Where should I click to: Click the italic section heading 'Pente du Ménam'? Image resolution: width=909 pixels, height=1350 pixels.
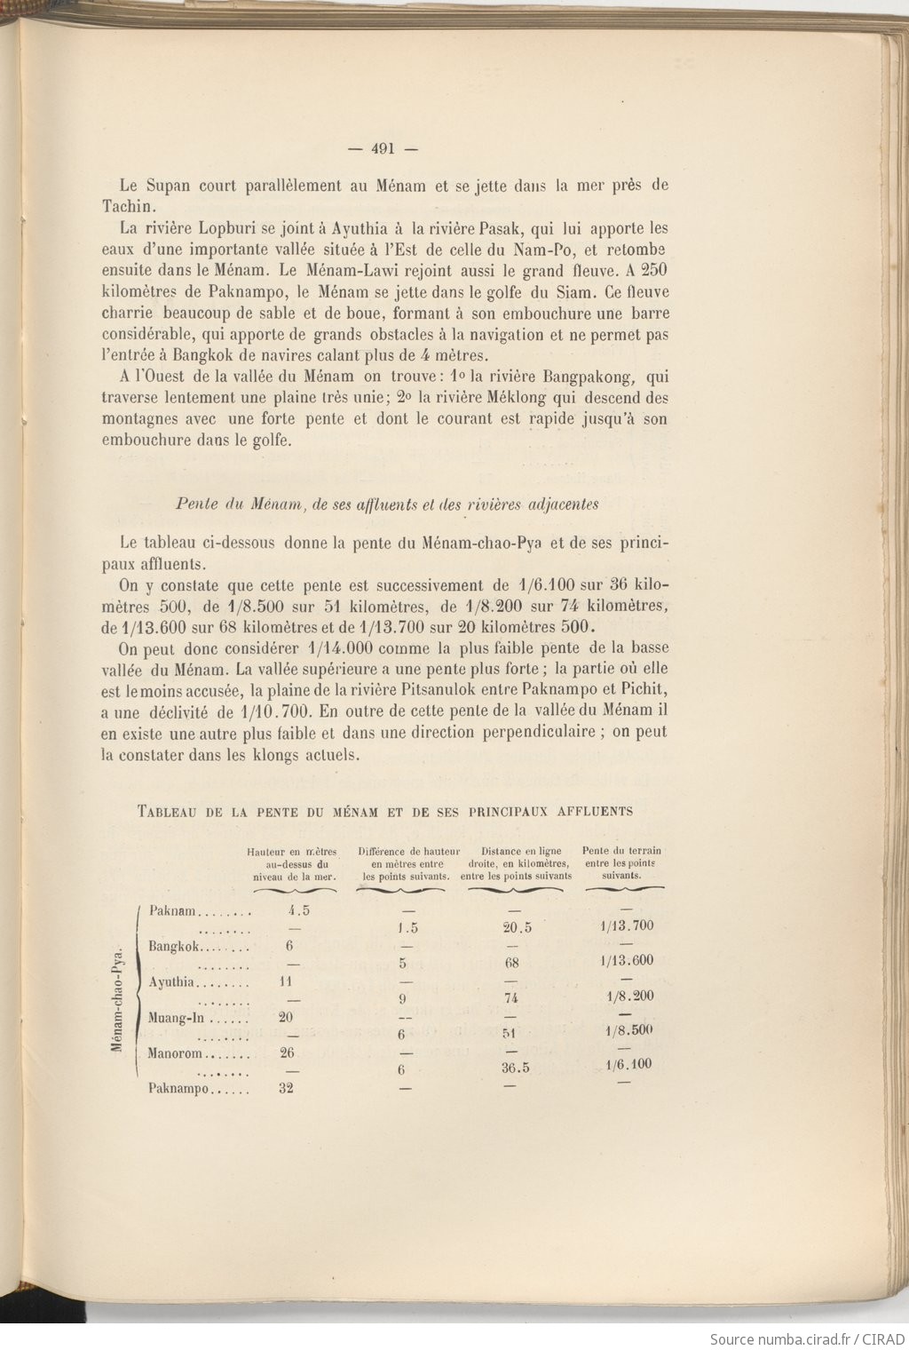pyautogui.click(x=386, y=504)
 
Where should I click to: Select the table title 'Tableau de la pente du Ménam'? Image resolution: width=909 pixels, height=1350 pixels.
pyautogui.click(x=385, y=811)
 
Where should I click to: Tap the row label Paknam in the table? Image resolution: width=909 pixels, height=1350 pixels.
pyautogui.click(x=172, y=910)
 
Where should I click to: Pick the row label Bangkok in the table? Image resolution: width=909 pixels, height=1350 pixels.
pyautogui.click(x=174, y=946)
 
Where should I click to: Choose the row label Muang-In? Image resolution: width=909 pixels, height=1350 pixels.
pyautogui.click(x=174, y=1018)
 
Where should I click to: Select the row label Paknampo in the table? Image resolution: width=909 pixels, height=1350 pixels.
pyautogui.click(x=178, y=1089)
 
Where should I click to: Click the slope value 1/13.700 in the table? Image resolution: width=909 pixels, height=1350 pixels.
pyautogui.click(x=627, y=925)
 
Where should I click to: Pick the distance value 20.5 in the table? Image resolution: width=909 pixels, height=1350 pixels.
pyautogui.click(x=517, y=927)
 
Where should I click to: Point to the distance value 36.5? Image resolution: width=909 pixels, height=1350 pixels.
pyautogui.click(x=515, y=1068)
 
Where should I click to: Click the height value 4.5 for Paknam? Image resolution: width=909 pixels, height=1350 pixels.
pyautogui.click(x=299, y=910)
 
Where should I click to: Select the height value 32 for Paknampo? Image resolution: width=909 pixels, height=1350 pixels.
pyautogui.click(x=286, y=1089)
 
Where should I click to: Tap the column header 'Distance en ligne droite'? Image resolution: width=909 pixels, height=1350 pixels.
pyautogui.click(x=516, y=863)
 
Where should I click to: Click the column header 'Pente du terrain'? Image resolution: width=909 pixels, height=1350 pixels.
pyautogui.click(x=621, y=862)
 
